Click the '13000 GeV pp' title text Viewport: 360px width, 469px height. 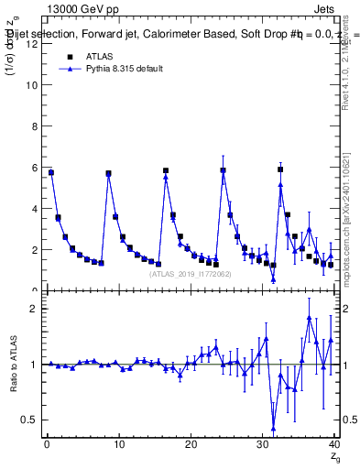[x=80, y=7]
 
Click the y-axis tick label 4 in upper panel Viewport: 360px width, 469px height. [x=34, y=209]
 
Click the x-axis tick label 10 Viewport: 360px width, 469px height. [x=118, y=444]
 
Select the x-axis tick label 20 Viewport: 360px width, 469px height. [x=191, y=444]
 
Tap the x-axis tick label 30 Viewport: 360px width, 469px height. [x=263, y=444]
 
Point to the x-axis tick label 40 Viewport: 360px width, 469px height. [x=334, y=444]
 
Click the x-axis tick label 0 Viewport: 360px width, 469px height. [x=47, y=444]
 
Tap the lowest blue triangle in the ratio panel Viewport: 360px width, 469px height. [x=273, y=428]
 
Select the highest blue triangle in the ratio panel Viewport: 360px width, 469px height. [x=310, y=318]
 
